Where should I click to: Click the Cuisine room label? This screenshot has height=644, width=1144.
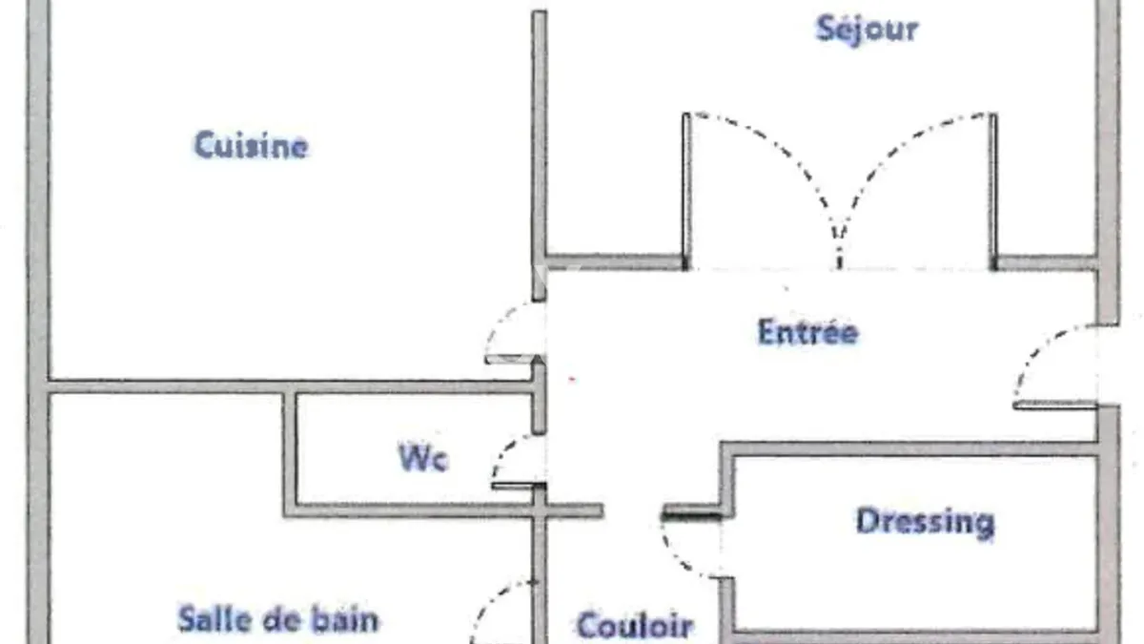click(x=252, y=146)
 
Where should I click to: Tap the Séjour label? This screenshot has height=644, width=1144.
click(x=868, y=30)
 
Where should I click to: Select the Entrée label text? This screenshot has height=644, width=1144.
click(x=808, y=332)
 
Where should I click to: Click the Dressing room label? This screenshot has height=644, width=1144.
click(x=926, y=523)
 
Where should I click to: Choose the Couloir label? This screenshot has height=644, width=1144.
click(x=635, y=625)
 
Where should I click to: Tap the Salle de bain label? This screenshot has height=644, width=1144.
click(x=278, y=619)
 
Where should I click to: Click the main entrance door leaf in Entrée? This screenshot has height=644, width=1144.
click(x=1055, y=405)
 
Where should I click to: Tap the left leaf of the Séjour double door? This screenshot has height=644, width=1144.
click(x=686, y=190)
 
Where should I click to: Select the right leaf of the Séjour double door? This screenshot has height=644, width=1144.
click(x=993, y=190)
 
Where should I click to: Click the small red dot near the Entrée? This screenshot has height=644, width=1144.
click(x=573, y=380)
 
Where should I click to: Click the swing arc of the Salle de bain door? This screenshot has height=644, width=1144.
click(x=490, y=600)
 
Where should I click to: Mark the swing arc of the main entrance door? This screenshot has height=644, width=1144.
click(x=1037, y=347)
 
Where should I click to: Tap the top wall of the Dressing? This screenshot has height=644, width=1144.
click(x=909, y=449)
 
